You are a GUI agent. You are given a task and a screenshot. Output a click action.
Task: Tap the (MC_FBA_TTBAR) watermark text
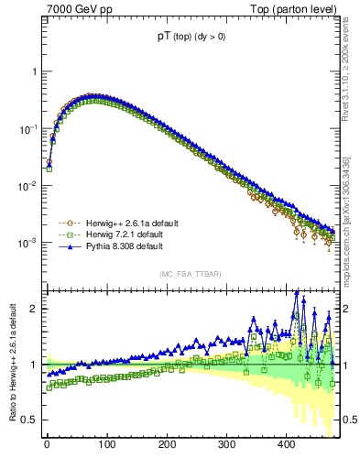click(x=191, y=274)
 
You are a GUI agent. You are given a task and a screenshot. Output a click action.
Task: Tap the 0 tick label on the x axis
click(x=47, y=445)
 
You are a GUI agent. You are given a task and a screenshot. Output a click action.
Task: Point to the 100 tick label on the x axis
click(x=106, y=445)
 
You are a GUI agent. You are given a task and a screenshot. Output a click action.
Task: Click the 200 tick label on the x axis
click(x=167, y=445)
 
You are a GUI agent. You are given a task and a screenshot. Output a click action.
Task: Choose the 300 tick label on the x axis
click(x=226, y=445)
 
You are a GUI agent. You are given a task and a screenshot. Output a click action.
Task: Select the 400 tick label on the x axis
click(x=287, y=445)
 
